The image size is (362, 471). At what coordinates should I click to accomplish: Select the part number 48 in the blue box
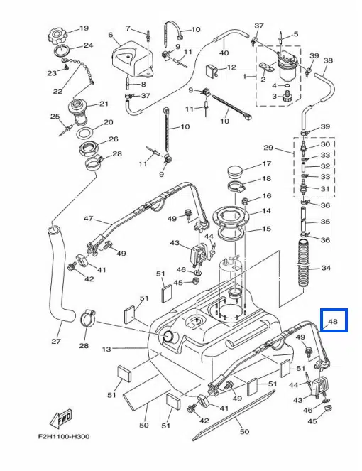pyautogui.click(x=333, y=321)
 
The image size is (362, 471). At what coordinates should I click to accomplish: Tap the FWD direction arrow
pyautogui.click(x=61, y=418)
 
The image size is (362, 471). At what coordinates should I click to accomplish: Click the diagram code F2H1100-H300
pyautogui.click(x=64, y=437)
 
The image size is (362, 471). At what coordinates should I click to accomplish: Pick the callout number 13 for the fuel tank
pyautogui.click(x=106, y=349)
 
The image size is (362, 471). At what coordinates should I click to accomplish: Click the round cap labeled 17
pyautogui.click(x=236, y=171)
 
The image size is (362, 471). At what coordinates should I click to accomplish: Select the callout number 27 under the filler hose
pyautogui.click(x=56, y=341)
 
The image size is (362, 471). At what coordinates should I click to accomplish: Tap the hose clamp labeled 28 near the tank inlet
pyautogui.click(x=87, y=318)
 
